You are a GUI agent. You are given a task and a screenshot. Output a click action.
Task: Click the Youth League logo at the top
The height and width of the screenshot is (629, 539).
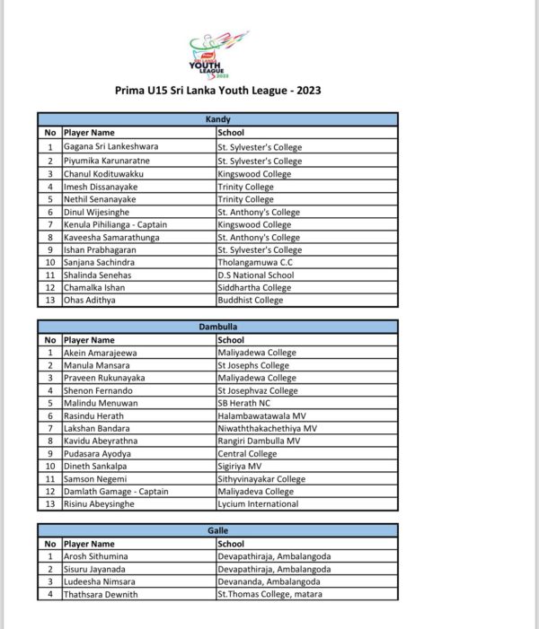(x=218, y=56)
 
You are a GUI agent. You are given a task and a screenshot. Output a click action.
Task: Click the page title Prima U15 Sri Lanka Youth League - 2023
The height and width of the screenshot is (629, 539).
(x=218, y=91)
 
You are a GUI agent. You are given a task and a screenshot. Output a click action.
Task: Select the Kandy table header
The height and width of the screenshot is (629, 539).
(x=217, y=119)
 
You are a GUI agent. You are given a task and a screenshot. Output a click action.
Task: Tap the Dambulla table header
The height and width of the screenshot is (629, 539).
(x=217, y=328)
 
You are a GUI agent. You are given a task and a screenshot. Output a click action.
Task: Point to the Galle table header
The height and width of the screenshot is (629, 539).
(x=217, y=531)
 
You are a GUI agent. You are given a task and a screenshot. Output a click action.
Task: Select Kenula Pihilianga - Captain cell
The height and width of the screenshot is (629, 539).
(x=115, y=224)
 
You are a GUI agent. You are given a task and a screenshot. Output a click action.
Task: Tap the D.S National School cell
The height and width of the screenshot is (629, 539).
(x=255, y=275)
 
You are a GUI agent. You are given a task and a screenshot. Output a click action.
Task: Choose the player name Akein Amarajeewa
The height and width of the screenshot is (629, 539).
(x=100, y=354)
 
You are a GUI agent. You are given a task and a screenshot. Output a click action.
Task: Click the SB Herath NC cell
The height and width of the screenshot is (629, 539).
(x=246, y=404)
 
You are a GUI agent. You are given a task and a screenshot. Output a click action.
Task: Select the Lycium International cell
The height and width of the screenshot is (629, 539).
(x=258, y=504)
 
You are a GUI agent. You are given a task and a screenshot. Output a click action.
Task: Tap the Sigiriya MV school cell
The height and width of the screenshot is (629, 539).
(x=240, y=467)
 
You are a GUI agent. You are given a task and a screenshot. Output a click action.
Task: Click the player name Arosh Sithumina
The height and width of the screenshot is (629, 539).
(x=99, y=556)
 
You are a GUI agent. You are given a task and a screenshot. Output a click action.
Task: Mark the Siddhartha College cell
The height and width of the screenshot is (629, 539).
(x=254, y=287)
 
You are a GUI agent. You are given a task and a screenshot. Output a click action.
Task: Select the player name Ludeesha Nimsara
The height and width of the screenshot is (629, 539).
(x=101, y=581)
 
